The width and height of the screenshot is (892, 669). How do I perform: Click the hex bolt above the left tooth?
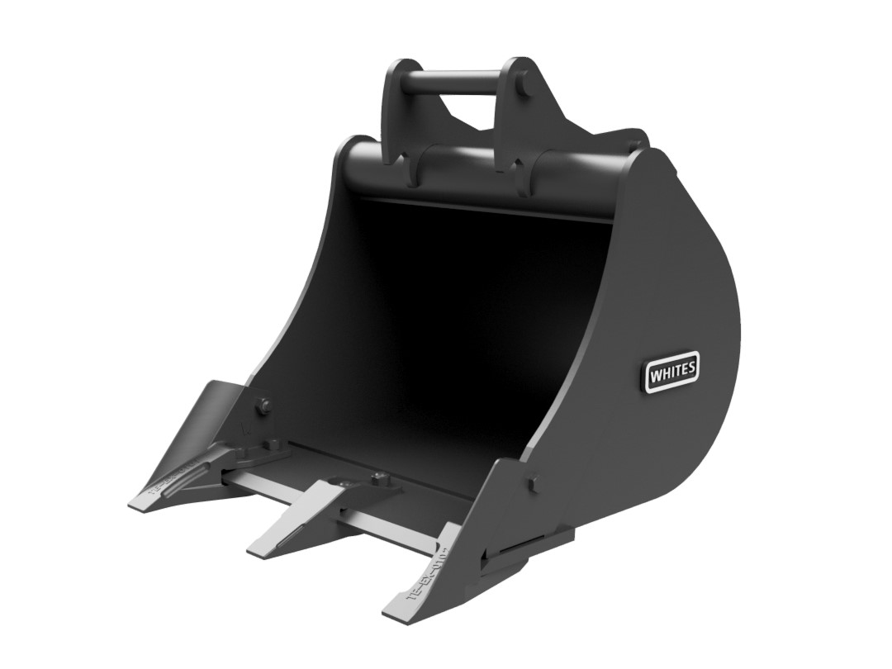coord(263,405)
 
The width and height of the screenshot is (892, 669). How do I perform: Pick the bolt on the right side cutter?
coord(531,482)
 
